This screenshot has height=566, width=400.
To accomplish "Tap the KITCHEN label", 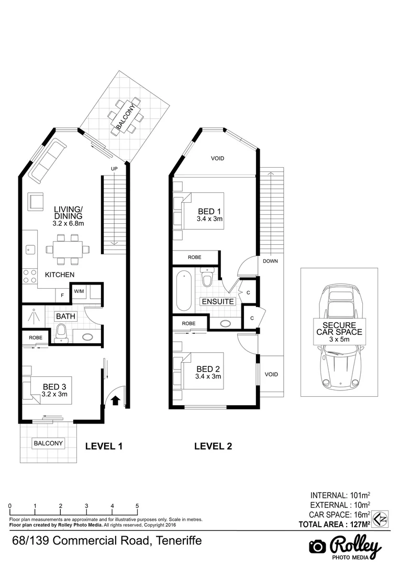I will pyautogui.click(x=60, y=275).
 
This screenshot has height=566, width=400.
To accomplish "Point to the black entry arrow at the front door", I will pyautogui.click(x=115, y=400).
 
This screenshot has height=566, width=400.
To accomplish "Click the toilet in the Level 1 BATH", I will pyautogui.click(x=61, y=333).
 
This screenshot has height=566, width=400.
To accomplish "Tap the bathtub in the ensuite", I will pyautogui.click(x=184, y=291).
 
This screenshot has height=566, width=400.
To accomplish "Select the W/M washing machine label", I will pyautogui.click(x=79, y=291).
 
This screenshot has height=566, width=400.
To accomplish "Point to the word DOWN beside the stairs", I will pyautogui.click(x=270, y=261).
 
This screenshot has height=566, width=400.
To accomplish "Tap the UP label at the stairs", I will pyautogui.click(x=114, y=168).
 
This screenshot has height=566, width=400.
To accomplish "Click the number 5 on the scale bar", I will pyautogui.click(x=137, y=506).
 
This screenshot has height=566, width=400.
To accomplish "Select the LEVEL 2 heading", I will pyautogui.click(x=213, y=447).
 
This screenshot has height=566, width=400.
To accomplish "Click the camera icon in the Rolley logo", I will pyautogui.click(x=318, y=546).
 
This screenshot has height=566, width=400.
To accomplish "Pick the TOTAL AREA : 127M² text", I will pyautogui.click(x=334, y=524).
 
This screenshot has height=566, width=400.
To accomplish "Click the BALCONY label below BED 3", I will pyautogui.click(x=48, y=443).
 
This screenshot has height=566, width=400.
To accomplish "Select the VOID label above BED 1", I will pyautogui.click(x=218, y=158).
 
